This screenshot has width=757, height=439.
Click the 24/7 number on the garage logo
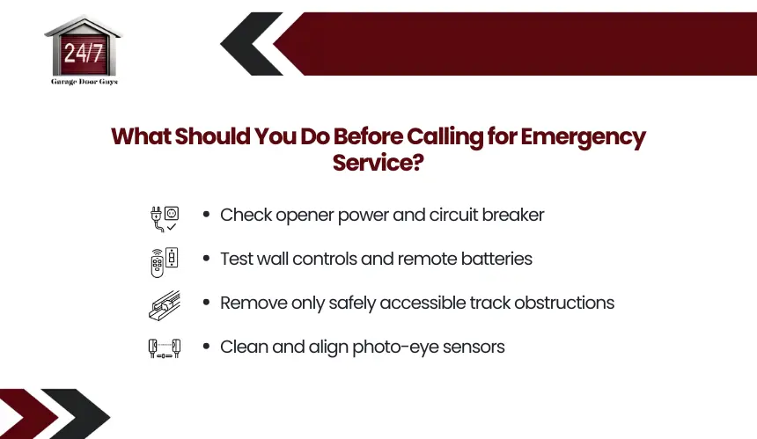84,53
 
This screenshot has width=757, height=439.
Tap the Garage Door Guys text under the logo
85,82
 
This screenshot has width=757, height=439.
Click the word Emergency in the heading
583,137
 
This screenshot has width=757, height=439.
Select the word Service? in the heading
378,163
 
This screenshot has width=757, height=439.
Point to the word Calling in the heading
445,137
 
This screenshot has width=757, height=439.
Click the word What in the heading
141,136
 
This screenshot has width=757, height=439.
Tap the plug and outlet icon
164,219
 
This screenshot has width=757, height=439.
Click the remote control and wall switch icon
164,262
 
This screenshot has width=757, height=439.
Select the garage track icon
164,305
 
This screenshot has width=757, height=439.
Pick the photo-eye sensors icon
164,348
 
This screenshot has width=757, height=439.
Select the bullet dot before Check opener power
207,214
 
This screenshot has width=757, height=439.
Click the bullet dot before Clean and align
207,346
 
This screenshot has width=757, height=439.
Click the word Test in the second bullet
236,259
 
